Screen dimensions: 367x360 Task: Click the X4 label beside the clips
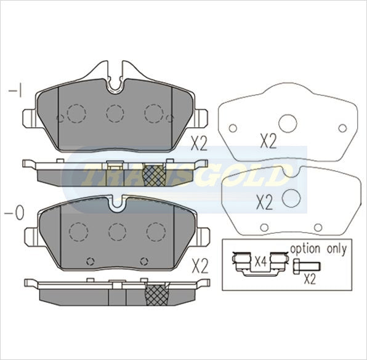(x=260, y=262)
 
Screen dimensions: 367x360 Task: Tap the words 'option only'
(x=318, y=249)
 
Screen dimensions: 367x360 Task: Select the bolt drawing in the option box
(x=307, y=266)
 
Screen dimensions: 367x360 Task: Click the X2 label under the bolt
(x=310, y=279)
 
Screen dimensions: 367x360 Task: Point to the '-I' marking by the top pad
(x=15, y=90)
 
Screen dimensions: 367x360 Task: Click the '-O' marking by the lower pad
(x=14, y=213)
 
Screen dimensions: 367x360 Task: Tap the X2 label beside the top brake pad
(x=199, y=143)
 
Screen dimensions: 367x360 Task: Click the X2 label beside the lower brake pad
(x=200, y=266)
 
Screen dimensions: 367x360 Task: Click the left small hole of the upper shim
(x=233, y=128)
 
